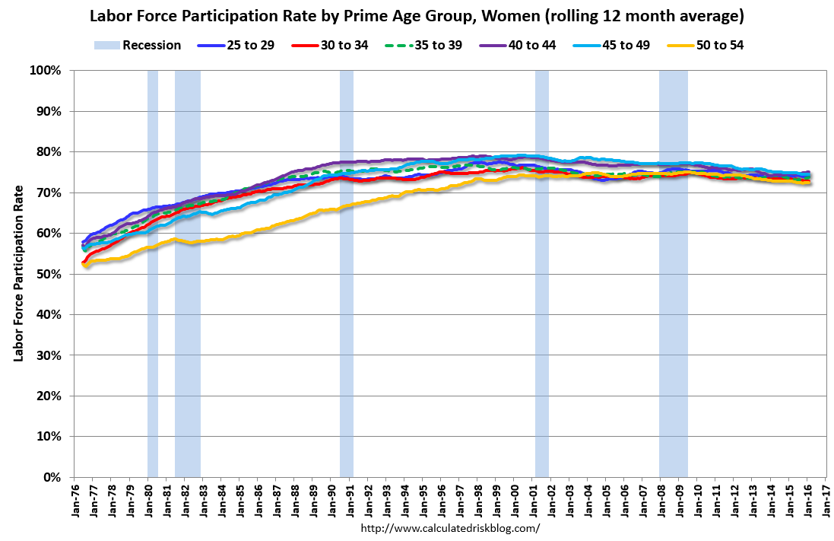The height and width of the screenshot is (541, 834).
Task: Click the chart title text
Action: (417, 15)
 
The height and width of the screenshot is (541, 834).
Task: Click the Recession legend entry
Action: (138, 45)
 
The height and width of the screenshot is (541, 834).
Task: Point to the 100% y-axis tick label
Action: (45, 71)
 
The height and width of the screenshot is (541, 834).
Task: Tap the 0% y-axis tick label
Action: (51, 477)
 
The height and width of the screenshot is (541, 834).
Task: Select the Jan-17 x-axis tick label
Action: (825, 498)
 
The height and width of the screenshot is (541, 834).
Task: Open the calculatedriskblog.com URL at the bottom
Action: (450, 528)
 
